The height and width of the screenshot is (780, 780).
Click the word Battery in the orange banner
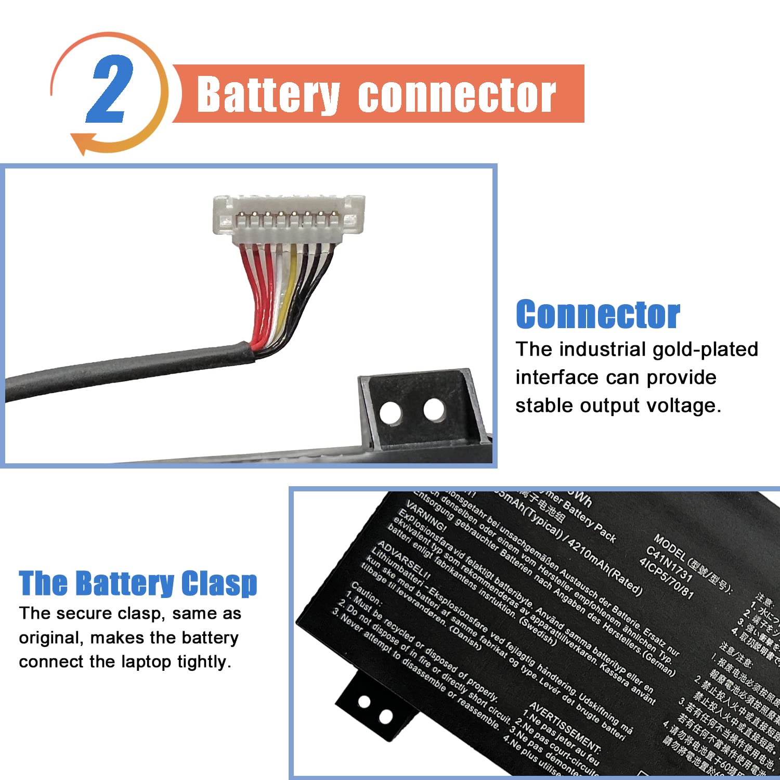pos(268,95)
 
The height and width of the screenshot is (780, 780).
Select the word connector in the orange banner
pos(457,96)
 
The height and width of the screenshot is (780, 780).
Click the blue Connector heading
pos(597,315)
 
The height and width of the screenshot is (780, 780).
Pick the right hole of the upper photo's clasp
pos(434,410)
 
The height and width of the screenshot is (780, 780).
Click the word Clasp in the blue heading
pos(219,583)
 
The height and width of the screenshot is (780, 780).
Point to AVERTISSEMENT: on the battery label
pos(565,728)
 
